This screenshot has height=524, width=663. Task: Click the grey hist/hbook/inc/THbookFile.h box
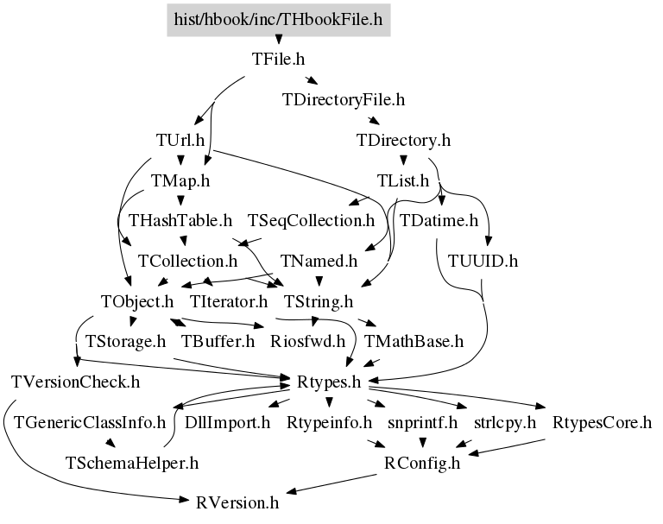pyautogui.click(x=278, y=19)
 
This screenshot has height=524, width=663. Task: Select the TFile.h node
pyautogui.click(x=278, y=60)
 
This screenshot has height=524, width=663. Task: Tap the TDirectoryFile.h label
pyautogui.click(x=343, y=99)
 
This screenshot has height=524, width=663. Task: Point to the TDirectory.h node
pyautogui.click(x=403, y=140)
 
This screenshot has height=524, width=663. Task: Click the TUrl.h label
pyautogui.click(x=180, y=140)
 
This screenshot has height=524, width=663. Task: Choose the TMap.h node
pyautogui.click(x=180, y=180)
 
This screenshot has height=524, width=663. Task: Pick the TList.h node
pyautogui.click(x=403, y=180)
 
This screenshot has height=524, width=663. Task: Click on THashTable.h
pyautogui.click(x=180, y=220)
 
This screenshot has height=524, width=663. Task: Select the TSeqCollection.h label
pyautogui.click(x=312, y=220)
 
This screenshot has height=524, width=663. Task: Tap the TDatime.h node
pyautogui.click(x=439, y=220)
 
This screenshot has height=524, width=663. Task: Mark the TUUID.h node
pyautogui.click(x=483, y=261)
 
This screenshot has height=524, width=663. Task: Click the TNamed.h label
pyautogui.click(x=319, y=261)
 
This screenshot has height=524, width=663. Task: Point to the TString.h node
pyautogui.click(x=319, y=301)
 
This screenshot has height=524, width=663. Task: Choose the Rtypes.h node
pyautogui.click(x=328, y=382)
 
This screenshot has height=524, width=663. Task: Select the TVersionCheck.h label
pyautogui.click(x=76, y=382)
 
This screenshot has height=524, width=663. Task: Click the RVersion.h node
pyautogui.click(x=237, y=502)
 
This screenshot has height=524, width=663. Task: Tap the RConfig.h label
pyautogui.click(x=422, y=463)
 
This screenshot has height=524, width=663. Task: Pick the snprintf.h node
pyautogui.click(x=417, y=422)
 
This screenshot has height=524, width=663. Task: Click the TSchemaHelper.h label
pyautogui.click(x=132, y=463)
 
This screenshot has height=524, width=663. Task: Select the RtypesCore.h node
pyautogui.click(x=602, y=422)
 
